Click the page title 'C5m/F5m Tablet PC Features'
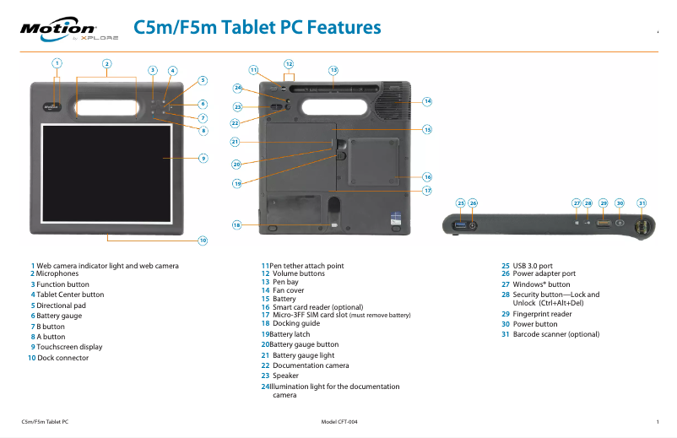pos(257,28)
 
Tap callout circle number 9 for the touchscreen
pos(203,158)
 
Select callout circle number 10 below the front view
pos(203,241)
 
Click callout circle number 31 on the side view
pos(642,203)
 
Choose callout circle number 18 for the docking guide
pos(237,225)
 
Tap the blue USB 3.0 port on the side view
pos(460,225)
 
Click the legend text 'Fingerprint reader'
pos(543,314)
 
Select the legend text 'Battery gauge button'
pos(303,344)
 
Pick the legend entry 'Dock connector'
pos(62,358)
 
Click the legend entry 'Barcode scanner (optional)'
pos(555,334)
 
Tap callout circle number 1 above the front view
pos(57,62)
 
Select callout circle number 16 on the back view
pos(427,177)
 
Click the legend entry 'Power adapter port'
pos(544,273)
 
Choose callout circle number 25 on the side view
pos(460,203)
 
